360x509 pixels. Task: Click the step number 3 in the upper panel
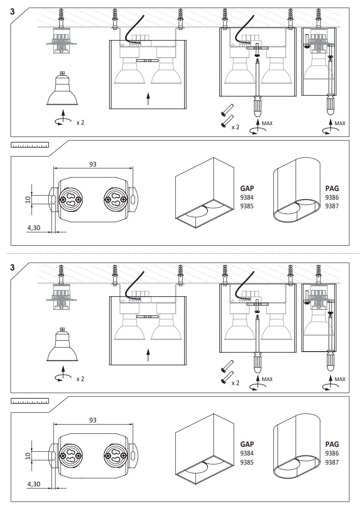[12, 12]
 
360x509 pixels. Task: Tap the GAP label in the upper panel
[247, 188]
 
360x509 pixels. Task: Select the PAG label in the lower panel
[332, 444]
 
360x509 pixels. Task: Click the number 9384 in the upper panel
[247, 197]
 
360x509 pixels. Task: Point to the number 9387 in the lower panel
[332, 462]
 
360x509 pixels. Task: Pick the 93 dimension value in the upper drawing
[93, 164]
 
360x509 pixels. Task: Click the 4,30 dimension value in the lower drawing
[34, 484]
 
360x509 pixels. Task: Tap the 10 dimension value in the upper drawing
[27, 199]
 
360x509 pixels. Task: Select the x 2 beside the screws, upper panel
[235, 127]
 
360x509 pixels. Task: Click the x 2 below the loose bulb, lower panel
[80, 378]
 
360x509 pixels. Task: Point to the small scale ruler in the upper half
[30, 146]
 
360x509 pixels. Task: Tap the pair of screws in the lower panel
[226, 372]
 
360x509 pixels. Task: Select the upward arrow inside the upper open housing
[148, 98]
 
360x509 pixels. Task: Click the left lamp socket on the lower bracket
[71, 455]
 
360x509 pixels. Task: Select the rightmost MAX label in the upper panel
[340, 123]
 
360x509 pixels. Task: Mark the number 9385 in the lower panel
[247, 462]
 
